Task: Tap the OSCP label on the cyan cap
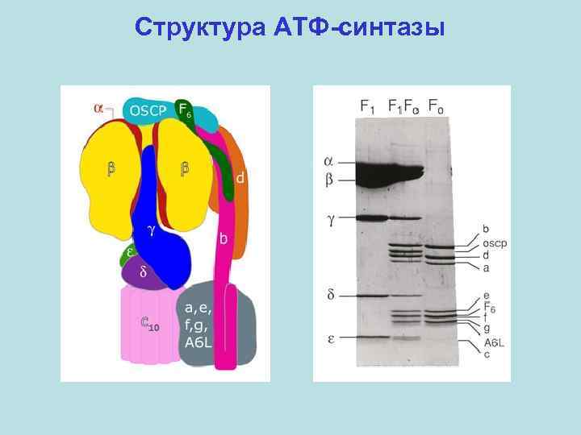pyautogui.click(x=148, y=110)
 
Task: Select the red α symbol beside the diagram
pyautogui.click(x=98, y=107)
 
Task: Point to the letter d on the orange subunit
pyautogui.click(x=240, y=176)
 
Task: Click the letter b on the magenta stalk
pyautogui.click(x=224, y=238)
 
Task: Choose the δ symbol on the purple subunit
pyautogui.click(x=143, y=271)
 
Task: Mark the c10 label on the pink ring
pyautogui.click(x=149, y=326)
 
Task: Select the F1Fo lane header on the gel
pyautogui.click(x=403, y=106)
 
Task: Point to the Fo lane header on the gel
pyautogui.click(x=437, y=106)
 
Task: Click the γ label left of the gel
pyautogui.click(x=332, y=218)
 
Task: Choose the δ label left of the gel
pyautogui.click(x=332, y=296)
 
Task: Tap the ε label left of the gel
pyautogui.click(x=332, y=338)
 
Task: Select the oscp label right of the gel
pyautogui.click(x=495, y=243)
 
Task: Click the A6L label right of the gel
pyautogui.click(x=495, y=342)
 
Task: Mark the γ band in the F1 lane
pyautogui.click(x=371, y=217)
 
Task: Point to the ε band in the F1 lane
pyautogui.click(x=371, y=337)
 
